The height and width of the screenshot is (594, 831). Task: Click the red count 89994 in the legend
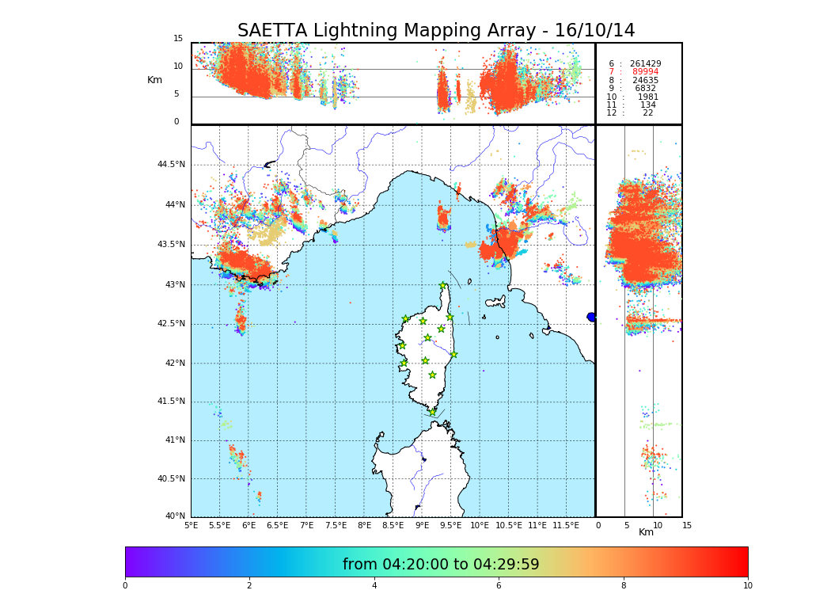pos(645,72)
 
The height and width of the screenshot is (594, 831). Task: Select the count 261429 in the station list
pos(645,63)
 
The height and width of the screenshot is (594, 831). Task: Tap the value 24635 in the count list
pos(645,80)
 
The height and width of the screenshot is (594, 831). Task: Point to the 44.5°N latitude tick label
pos(171,165)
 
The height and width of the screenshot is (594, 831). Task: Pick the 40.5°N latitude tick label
pos(171,478)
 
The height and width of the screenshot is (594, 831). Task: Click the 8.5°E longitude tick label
pos(393,525)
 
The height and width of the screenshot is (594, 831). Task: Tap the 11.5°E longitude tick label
pos(565,525)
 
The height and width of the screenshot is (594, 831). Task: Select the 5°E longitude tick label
pos(191,525)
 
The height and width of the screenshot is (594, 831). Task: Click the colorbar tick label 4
pos(374,586)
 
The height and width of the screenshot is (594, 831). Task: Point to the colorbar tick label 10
pos(747,586)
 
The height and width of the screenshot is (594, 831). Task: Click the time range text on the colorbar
pos(441,565)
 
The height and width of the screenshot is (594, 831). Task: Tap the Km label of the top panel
pos(154,80)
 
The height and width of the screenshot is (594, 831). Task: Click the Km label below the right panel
pos(646,532)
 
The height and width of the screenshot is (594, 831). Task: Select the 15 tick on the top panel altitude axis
pos(178,39)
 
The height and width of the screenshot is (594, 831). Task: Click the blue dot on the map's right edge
pos(591,317)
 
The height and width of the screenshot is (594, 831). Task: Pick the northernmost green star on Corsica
pos(443,285)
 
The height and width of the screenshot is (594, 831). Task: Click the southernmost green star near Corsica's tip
pos(432,412)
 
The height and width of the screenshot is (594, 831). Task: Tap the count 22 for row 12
pos(647,113)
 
